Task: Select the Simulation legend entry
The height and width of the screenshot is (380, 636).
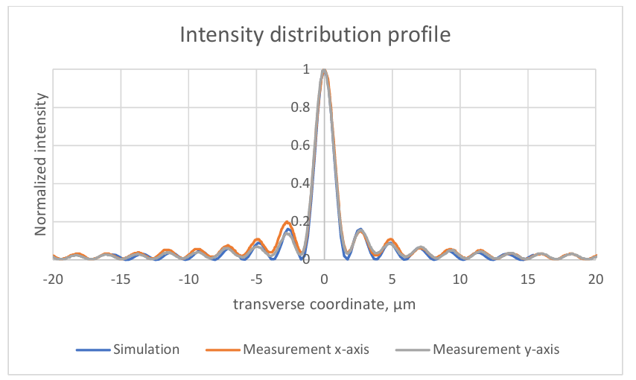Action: (146, 349)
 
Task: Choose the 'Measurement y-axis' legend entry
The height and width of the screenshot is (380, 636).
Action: (496, 349)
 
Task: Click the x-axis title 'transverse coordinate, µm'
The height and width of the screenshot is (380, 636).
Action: (322, 304)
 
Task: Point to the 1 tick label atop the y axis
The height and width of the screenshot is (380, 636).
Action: (305, 69)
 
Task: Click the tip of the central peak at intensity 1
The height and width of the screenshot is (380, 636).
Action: (324, 70)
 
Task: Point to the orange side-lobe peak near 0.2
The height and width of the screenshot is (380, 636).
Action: (287, 222)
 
